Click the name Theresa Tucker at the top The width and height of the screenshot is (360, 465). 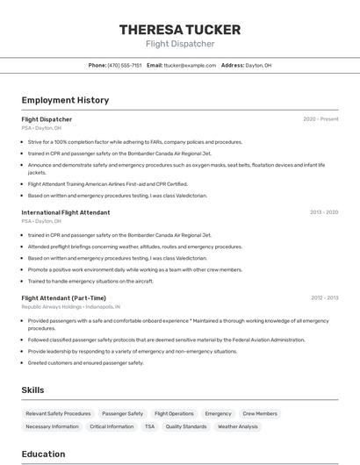[x=179, y=30]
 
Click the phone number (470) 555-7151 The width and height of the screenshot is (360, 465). [x=124, y=65]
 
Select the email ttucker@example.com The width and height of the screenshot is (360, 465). [x=190, y=65]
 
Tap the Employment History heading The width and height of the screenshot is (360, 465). [x=65, y=100]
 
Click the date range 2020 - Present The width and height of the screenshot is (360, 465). [x=320, y=119]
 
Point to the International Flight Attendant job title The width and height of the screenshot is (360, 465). [x=66, y=212]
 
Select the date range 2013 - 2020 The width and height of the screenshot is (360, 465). [x=324, y=212]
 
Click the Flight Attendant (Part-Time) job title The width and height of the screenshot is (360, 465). [x=63, y=298]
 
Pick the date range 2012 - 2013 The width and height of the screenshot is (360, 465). [x=324, y=298]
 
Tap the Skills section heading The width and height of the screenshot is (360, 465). [x=32, y=390]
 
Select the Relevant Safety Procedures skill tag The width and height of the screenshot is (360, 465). [x=58, y=413]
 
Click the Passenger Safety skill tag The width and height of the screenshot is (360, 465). [x=122, y=413]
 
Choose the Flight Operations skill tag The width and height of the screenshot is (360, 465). [x=174, y=413]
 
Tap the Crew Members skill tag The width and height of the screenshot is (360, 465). [x=260, y=413]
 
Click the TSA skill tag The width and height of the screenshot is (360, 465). [x=149, y=426]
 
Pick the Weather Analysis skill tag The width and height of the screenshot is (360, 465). [x=238, y=426]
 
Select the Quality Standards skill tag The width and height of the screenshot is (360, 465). [x=186, y=426]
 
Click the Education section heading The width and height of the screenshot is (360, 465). [x=43, y=454]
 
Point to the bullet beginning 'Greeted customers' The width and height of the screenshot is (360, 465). [x=85, y=362]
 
